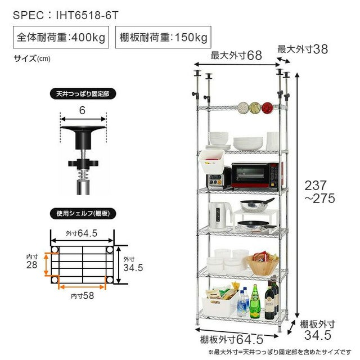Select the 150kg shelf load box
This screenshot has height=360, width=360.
pos(163,38)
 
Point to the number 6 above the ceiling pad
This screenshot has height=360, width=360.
pos(82,110)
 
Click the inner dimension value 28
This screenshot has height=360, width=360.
pos(32,264)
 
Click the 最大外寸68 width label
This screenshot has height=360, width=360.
pos(237,56)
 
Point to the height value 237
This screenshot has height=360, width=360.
pos(319,185)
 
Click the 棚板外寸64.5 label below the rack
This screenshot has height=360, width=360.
pos(232,340)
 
